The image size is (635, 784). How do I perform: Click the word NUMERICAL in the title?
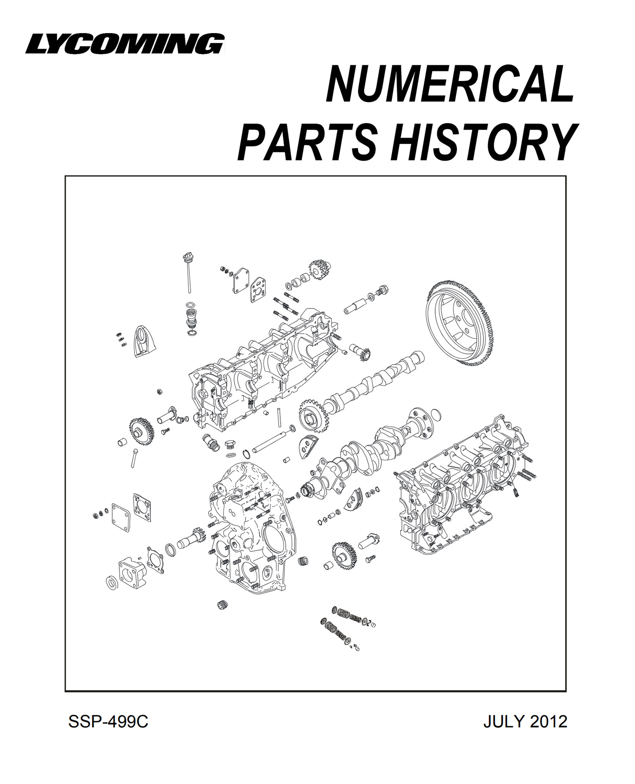pos(450,83)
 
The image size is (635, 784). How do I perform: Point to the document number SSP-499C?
pos(108,722)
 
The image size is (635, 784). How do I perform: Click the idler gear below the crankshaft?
pos(344,556)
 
